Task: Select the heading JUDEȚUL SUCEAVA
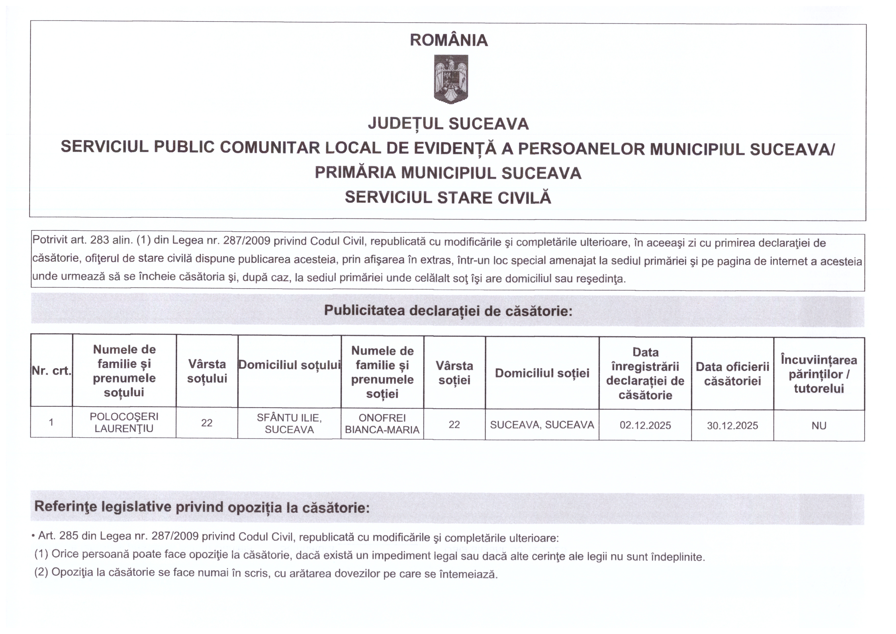(x=448, y=124)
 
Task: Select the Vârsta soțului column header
(x=207, y=371)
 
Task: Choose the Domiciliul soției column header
(x=542, y=373)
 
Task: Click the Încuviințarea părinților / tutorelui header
(x=819, y=374)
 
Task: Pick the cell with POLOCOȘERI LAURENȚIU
(x=124, y=422)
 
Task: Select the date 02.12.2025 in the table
(x=645, y=425)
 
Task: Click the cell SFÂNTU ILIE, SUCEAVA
(x=289, y=424)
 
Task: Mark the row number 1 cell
(x=51, y=422)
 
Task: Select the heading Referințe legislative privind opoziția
(x=202, y=507)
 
